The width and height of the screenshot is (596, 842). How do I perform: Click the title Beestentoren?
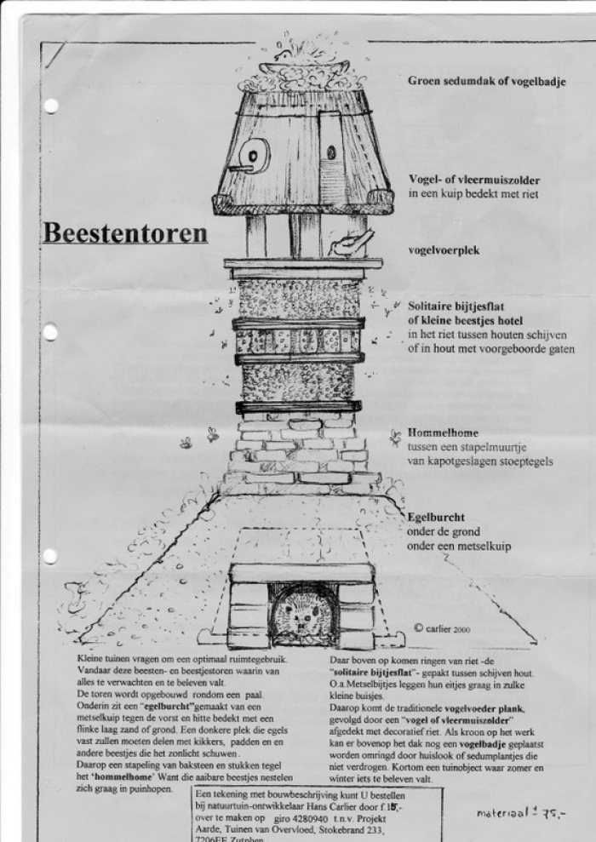tap(124, 232)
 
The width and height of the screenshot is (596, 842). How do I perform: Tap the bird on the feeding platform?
tap(348, 243)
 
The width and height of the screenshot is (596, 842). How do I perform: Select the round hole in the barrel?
tap(253, 154)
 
